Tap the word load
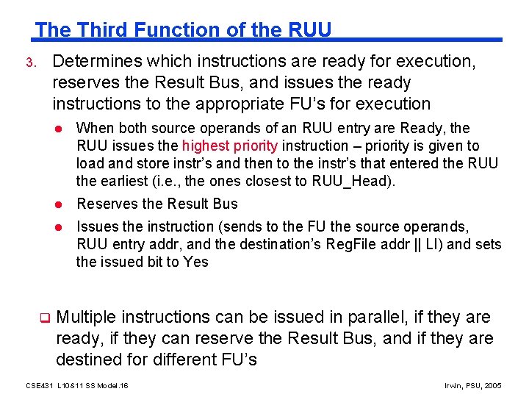tap(90, 163)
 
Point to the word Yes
tap(197, 262)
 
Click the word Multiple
tap(86, 317)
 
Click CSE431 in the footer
tap(40, 385)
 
